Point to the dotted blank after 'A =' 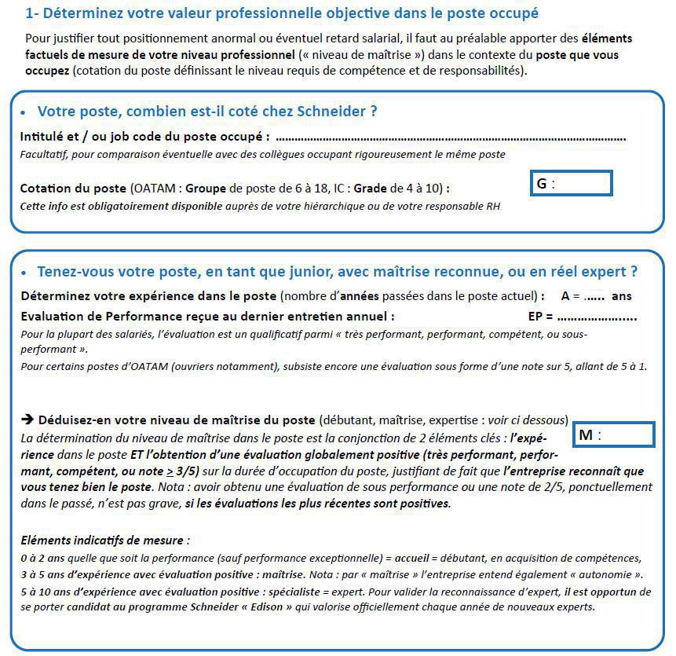click(594, 297)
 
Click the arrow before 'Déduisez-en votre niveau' click(26, 420)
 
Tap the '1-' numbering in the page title click(33, 13)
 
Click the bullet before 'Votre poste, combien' click(23, 112)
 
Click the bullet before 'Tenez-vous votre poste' click(23, 273)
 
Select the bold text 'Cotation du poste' click(73, 189)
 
